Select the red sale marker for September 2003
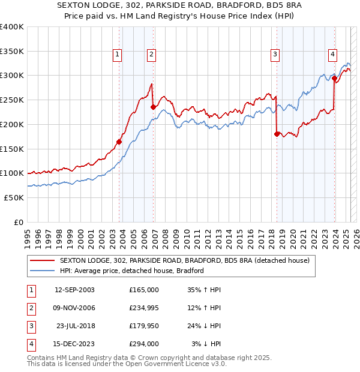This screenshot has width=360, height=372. [x=119, y=142]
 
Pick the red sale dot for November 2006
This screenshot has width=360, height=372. [x=153, y=107]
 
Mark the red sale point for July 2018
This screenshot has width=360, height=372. [x=277, y=134]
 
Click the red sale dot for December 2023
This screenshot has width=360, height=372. [x=334, y=78]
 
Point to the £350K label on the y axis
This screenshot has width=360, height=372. [x=11, y=51]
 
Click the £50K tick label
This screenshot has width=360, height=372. [x=14, y=197]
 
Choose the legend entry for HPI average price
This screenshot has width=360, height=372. [x=131, y=271]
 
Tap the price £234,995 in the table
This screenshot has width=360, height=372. [x=144, y=308]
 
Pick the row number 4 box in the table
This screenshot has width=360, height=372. [x=29, y=344]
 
